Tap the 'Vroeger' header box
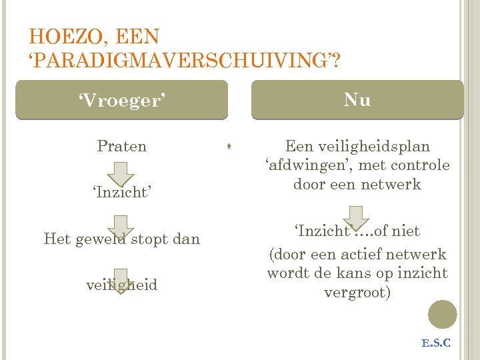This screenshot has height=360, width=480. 121,100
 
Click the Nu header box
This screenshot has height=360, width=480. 357,100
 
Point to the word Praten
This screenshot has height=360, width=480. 121,146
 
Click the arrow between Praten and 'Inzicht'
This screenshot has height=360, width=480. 121,171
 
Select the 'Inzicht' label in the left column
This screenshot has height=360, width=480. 121,193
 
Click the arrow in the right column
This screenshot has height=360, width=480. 357,217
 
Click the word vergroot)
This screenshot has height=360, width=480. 357,293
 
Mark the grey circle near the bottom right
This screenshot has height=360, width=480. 442,314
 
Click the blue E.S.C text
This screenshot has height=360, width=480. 436,343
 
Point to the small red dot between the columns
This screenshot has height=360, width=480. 229,145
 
